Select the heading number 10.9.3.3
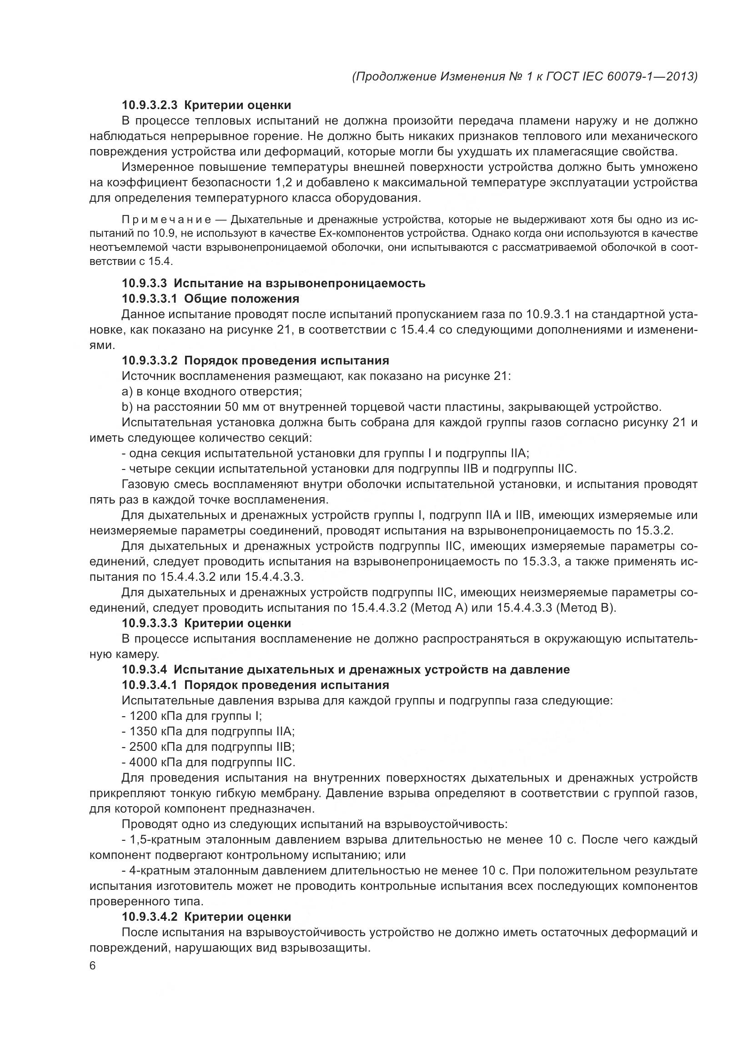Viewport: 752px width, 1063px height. coord(144,283)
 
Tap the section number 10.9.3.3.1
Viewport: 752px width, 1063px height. coord(150,299)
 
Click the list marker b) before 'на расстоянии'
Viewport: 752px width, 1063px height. coord(127,407)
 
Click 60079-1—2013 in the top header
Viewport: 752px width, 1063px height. coord(650,76)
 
